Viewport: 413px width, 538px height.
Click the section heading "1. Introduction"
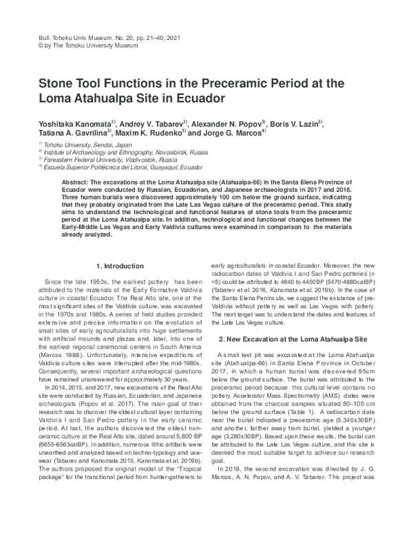(x=120, y=266)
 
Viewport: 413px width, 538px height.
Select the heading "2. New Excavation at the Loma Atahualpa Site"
(x=297, y=340)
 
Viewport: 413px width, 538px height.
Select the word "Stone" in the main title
(x=48, y=82)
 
